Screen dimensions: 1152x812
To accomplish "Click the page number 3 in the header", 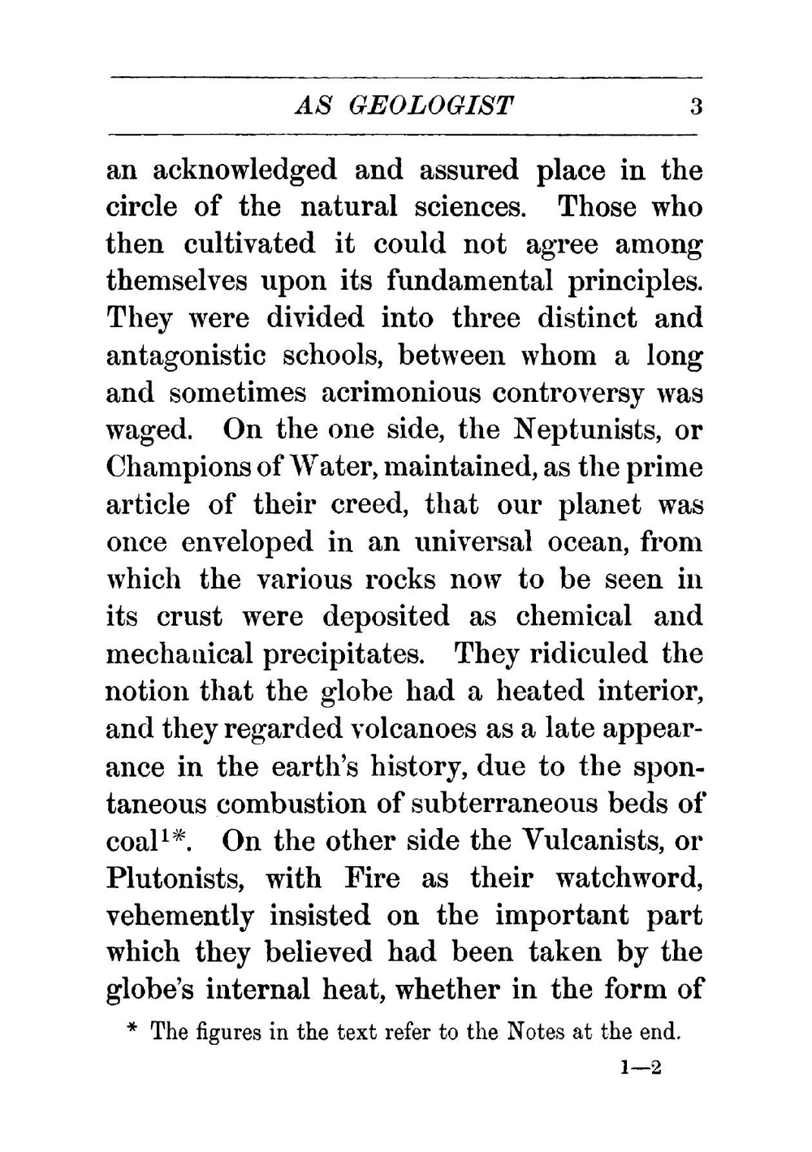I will pos(694,106).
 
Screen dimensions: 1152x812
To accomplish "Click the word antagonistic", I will pos(186,356).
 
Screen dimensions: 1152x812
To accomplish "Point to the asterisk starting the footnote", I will pos(133,1032).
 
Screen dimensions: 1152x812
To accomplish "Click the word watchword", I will pos(628,878).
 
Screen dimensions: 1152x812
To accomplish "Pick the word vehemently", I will pos(180,915).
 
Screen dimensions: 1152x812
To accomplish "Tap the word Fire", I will pos(373,878).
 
